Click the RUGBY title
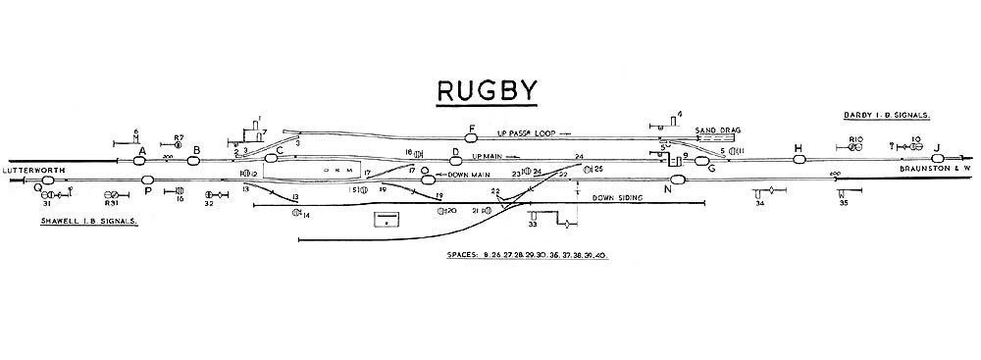(x=487, y=91)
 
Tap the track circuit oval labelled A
(x=139, y=160)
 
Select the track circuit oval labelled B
(x=196, y=160)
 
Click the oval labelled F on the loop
(x=471, y=138)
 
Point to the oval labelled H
(x=798, y=159)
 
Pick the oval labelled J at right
(x=938, y=159)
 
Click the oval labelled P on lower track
(x=148, y=180)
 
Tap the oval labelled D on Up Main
(x=455, y=160)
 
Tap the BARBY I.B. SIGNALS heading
(x=887, y=116)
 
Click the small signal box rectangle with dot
(x=389, y=219)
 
